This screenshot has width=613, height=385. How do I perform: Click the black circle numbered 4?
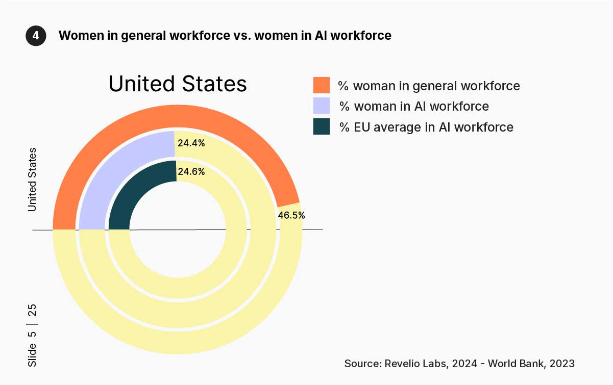point(36,36)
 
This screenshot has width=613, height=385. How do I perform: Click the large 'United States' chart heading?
point(178,84)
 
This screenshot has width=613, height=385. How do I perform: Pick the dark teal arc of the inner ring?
point(138,189)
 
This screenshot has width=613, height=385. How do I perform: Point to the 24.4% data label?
point(191,143)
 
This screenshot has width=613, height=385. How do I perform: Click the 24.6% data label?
point(191,172)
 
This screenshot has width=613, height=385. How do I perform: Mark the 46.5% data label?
point(291,215)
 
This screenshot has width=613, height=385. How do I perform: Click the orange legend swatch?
point(322,85)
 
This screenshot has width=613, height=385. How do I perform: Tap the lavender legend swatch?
point(322,106)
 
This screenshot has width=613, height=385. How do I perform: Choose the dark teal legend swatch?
point(322,126)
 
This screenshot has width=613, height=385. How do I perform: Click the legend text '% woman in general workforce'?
point(429,86)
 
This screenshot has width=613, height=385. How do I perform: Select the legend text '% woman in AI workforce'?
point(414,107)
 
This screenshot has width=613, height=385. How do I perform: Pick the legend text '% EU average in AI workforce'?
point(426,127)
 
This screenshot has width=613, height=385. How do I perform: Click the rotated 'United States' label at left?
point(32,179)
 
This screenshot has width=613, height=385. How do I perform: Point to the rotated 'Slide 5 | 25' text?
point(32,336)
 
